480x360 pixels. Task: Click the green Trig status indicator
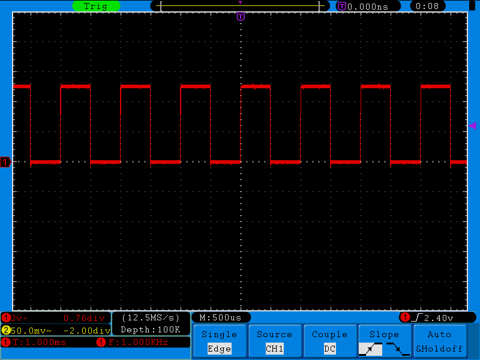pyautogui.click(x=96, y=6)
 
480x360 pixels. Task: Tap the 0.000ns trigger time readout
pyautogui.click(x=368, y=7)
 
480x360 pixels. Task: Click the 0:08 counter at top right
pyautogui.click(x=427, y=6)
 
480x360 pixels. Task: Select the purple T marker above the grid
pyautogui.click(x=241, y=16)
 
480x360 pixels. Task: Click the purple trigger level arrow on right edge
pyautogui.click(x=472, y=125)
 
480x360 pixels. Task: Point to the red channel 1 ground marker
pyautogui.click(x=5, y=162)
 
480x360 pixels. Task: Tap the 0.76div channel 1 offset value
pyautogui.click(x=84, y=319)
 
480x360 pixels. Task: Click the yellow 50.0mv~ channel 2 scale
pyautogui.click(x=31, y=331)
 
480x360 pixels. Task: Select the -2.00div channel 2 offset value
pyautogui.click(x=87, y=331)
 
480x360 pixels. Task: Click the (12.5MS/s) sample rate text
pyautogui.click(x=151, y=318)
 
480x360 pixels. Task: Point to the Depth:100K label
pyautogui.click(x=151, y=329)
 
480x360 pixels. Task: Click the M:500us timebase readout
pyautogui.click(x=220, y=318)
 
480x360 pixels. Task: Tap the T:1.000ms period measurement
pyautogui.click(x=39, y=342)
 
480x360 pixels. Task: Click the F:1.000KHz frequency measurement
pyautogui.click(x=138, y=342)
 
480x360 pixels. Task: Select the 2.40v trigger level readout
pyautogui.click(x=439, y=318)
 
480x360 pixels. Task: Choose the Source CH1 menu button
pyautogui.click(x=275, y=341)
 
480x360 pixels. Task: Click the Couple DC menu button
pyautogui.click(x=329, y=341)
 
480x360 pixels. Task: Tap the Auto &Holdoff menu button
pyautogui.click(x=440, y=341)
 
